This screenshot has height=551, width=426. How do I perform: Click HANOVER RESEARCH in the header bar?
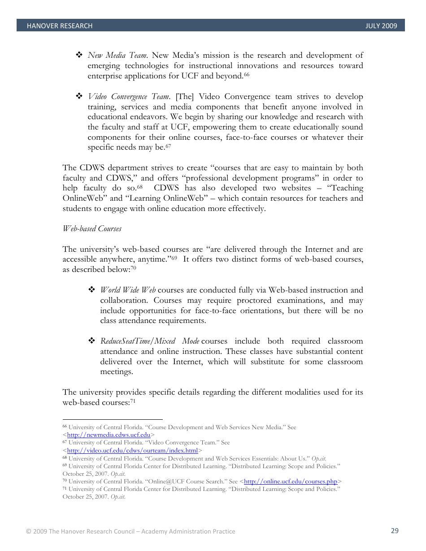pos(60,26)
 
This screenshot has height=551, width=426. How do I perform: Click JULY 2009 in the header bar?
pos(381,26)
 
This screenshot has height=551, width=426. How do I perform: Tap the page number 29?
pos(395,531)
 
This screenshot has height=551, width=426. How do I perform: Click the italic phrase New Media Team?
pos(117,56)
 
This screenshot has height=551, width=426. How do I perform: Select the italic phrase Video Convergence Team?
pos(129,97)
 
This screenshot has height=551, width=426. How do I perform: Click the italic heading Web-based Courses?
pos(92,229)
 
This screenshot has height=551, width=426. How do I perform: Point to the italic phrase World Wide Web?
pos(128,290)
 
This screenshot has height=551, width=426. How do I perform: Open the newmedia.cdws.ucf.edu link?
pos(109,435)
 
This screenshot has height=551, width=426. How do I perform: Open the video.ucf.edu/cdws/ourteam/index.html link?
pos(132,451)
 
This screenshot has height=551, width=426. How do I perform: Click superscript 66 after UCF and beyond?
pos(246,74)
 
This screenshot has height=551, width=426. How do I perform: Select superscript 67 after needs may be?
pos(168,146)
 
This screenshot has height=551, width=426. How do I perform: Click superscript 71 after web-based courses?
pos(133,401)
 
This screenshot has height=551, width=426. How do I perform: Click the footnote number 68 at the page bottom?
pos(65,458)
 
